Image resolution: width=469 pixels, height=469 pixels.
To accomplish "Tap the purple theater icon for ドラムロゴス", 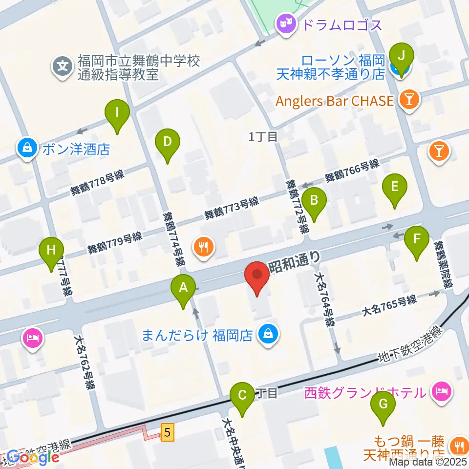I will coord(286,23).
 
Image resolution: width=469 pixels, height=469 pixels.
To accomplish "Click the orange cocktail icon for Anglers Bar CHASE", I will coord(407,100).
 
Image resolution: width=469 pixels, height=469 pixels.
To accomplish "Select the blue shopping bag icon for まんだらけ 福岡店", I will coord(268,335).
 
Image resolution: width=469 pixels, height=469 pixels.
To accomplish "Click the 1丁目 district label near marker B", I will coord(263,137).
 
